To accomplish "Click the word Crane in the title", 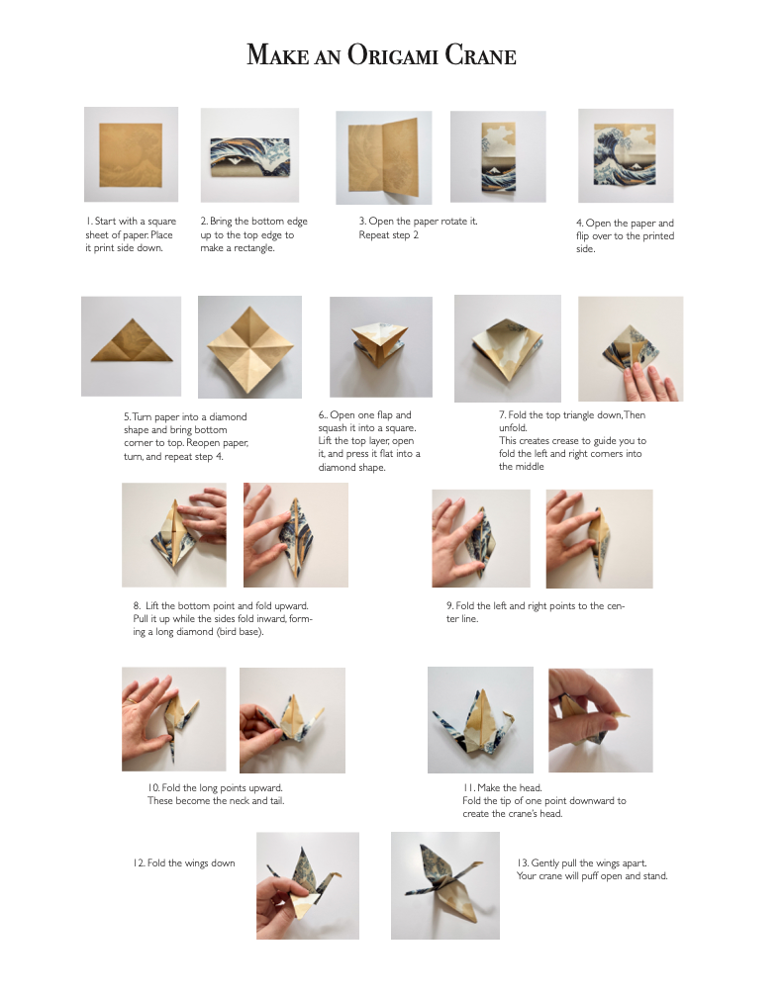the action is coord(480,54).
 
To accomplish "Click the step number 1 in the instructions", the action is coord(89,222).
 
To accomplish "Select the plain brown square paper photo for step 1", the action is coord(131,154).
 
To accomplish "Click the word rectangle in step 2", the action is coord(250,248).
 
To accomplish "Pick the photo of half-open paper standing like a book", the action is coord(384,157).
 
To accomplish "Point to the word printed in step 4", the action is coord(656,235).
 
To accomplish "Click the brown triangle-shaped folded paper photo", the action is coord(131,346).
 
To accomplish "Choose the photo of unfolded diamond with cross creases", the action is coord(250,347).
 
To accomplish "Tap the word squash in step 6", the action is coord(334,428).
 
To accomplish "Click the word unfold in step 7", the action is coord(513,428).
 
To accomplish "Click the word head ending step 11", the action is coord(549,814).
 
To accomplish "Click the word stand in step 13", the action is coord(652,876).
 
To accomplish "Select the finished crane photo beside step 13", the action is coord(445,886).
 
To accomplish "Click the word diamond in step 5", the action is coord(227,417).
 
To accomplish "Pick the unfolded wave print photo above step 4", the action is coord(626,156).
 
